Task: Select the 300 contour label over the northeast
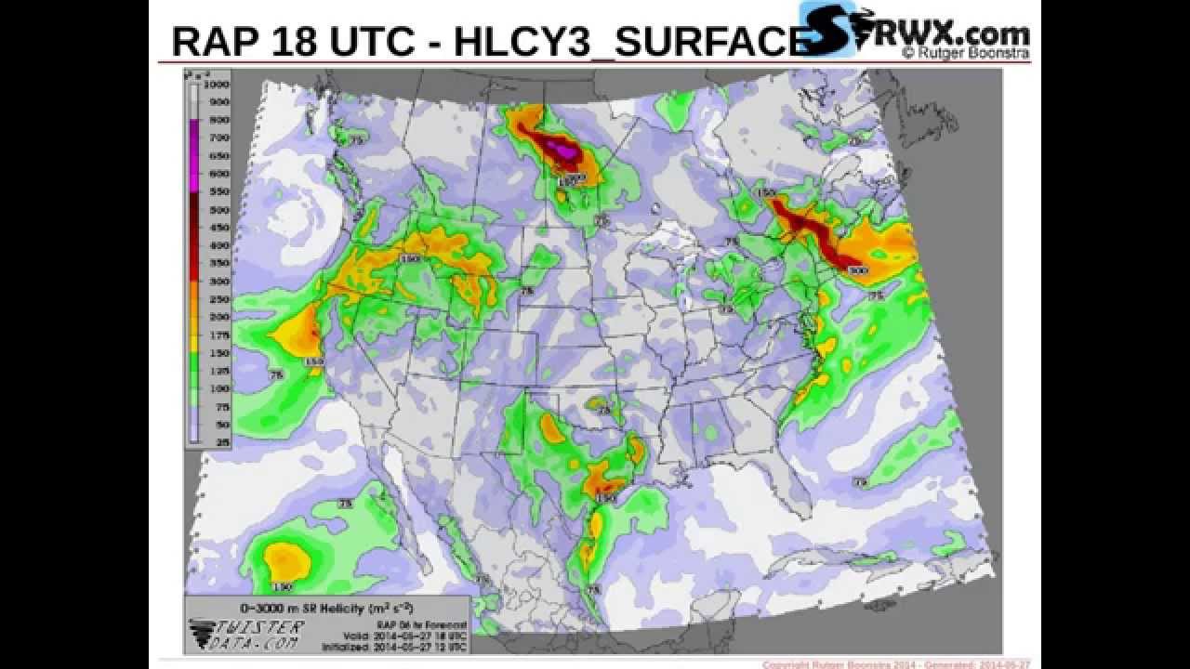point(857,270)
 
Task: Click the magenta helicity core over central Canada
point(559,150)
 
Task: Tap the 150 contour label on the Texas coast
point(606,499)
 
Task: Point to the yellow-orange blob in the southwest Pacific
point(284,559)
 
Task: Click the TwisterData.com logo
point(245,634)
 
